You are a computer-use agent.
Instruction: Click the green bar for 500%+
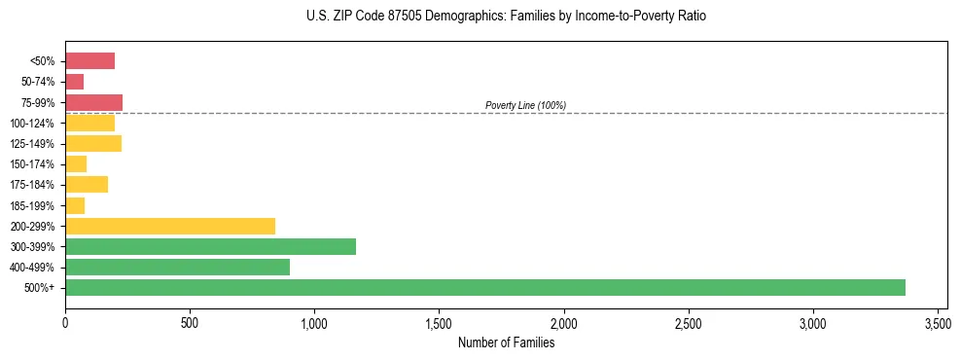(x=484, y=287)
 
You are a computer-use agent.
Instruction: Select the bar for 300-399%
(x=210, y=246)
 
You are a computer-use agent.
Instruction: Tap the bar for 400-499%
(x=177, y=267)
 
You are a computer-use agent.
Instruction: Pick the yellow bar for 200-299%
(x=170, y=226)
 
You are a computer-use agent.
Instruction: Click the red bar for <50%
(x=89, y=61)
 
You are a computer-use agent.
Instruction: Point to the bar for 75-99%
(x=93, y=102)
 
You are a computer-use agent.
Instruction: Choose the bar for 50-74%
(x=74, y=82)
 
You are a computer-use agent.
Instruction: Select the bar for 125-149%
(x=93, y=144)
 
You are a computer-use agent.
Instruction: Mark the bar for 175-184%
(x=87, y=185)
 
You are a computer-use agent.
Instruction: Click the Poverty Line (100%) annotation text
(x=525, y=105)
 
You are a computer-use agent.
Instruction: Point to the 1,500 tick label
(x=439, y=322)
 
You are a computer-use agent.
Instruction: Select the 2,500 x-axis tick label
(x=689, y=322)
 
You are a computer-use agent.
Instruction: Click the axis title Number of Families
(x=506, y=342)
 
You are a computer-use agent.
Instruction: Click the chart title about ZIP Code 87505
(x=506, y=17)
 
